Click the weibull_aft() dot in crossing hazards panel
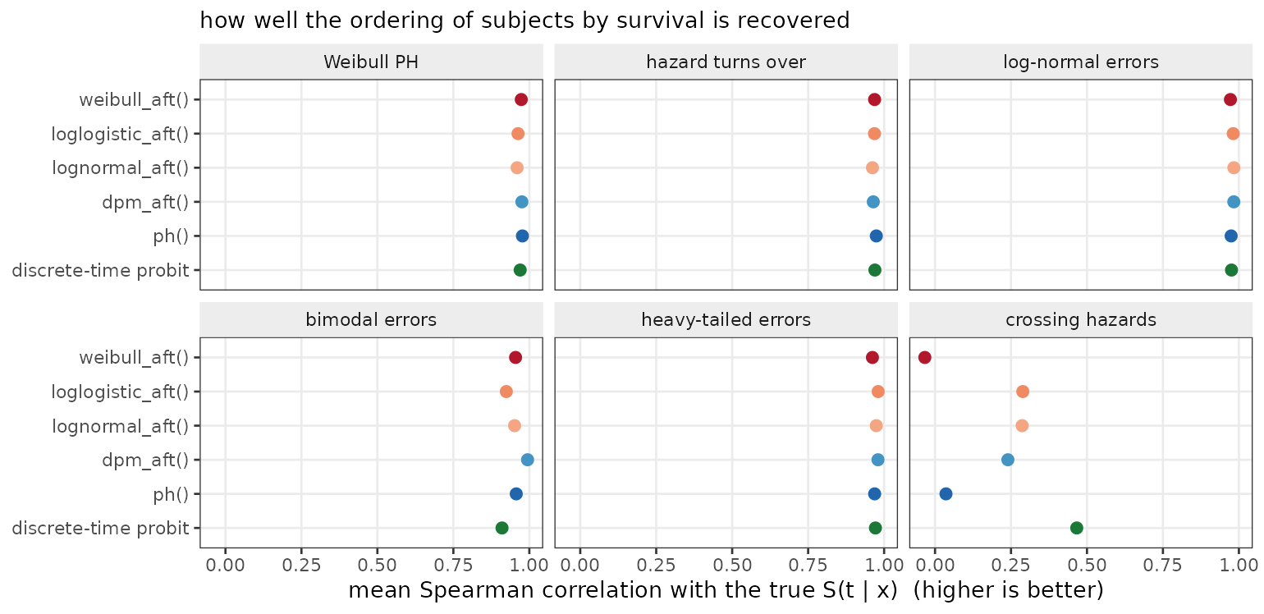click(x=924, y=357)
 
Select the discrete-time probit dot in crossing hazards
click(x=1077, y=528)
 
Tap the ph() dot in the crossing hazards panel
click(x=946, y=494)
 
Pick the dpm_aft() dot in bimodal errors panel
click(x=527, y=460)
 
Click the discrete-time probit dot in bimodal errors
click(x=501, y=528)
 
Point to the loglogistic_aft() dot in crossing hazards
click(x=1023, y=392)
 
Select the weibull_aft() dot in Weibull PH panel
click(x=521, y=100)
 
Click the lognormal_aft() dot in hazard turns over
click(x=872, y=167)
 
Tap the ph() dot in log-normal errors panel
click(x=1231, y=236)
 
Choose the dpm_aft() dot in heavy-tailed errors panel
click(x=878, y=460)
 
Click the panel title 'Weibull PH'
click(x=371, y=62)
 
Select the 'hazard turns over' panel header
click(x=726, y=62)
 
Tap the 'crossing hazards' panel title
click(x=1081, y=320)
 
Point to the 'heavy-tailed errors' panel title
click(x=726, y=320)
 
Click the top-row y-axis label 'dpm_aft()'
click(x=145, y=202)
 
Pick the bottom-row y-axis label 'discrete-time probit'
click(x=100, y=529)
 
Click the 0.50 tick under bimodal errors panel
click(x=377, y=565)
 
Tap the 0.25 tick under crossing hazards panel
click(x=1010, y=565)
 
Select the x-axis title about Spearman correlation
click(x=726, y=590)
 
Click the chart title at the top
click(x=524, y=21)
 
